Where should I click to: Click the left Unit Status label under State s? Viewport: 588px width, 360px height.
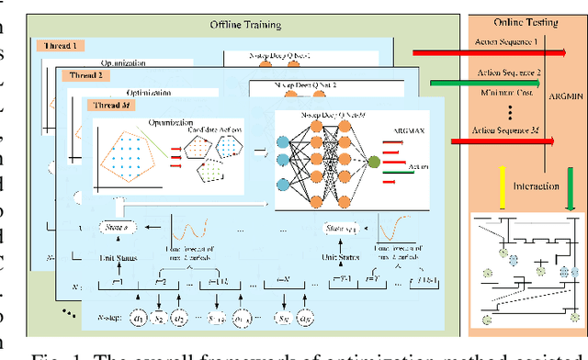point(119,258)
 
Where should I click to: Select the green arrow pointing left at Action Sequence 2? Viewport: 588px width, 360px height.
point(455,85)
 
